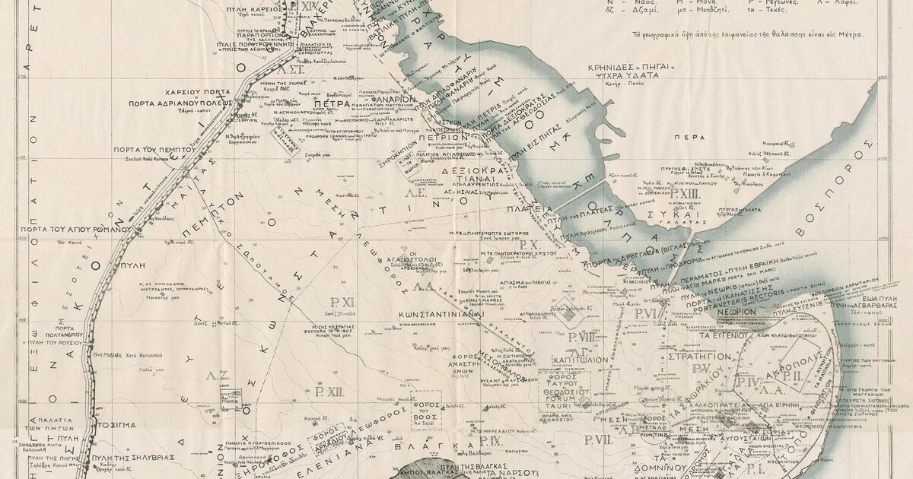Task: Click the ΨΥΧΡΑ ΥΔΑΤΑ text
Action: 630,76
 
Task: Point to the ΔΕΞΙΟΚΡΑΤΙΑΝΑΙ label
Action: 470,177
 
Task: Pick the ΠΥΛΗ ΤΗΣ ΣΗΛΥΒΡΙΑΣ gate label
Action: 133,457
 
